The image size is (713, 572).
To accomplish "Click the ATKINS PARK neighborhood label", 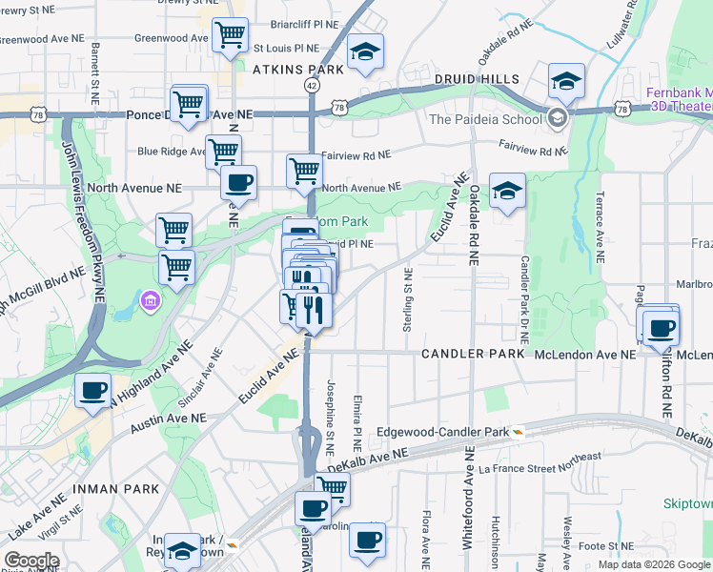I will coord(297,70).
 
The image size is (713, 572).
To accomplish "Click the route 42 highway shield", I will coord(312,85).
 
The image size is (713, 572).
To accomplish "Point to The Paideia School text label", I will coord(484,119).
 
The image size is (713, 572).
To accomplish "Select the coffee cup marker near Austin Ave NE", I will coord(92,391).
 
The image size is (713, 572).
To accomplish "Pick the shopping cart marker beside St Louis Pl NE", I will coord(231,35).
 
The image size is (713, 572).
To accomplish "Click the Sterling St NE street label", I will coord(407,300).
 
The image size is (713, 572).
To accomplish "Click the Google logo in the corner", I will coord(31,561).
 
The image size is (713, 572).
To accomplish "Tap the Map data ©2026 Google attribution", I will coord(655,564).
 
